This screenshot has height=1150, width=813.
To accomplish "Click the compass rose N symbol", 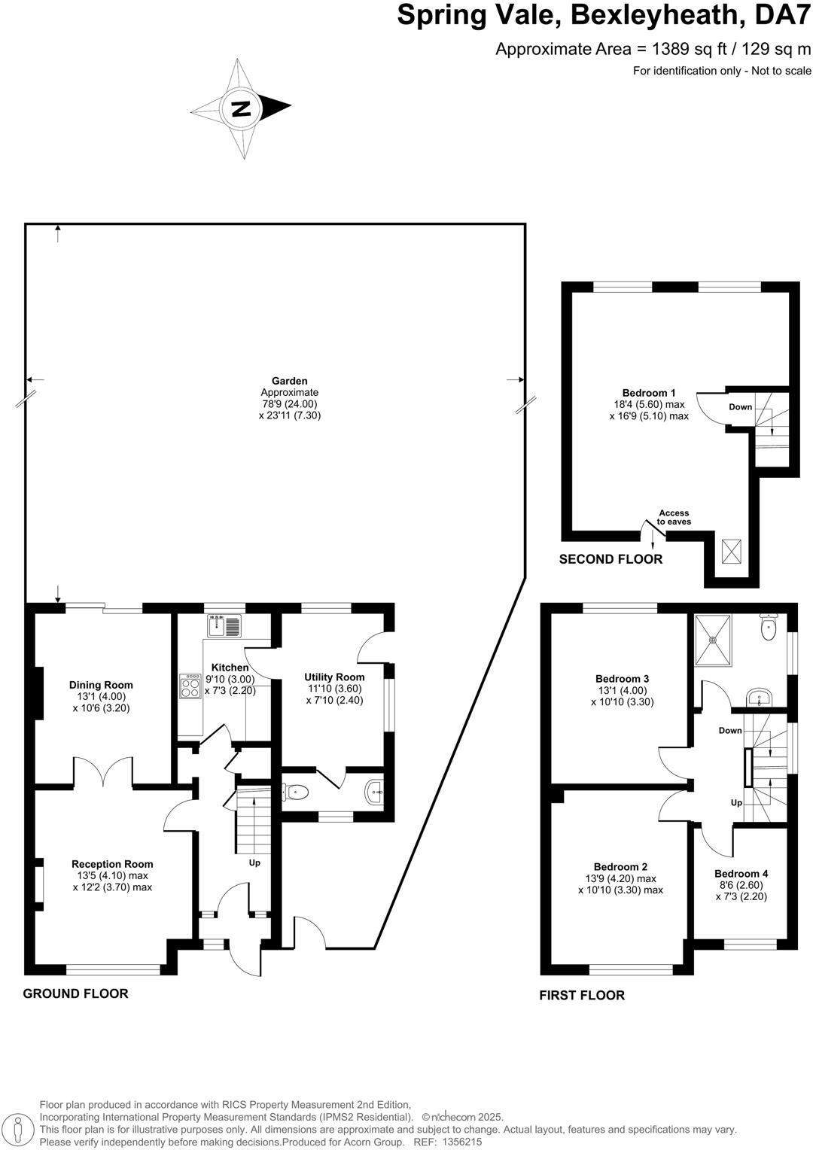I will point(241,108).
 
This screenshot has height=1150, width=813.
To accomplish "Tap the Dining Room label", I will point(101,685).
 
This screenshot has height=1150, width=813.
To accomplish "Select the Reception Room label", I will point(112,864).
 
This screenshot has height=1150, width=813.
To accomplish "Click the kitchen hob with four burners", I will point(190,688).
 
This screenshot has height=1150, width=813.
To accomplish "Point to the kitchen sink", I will point(224,625).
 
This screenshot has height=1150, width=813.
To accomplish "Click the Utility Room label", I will point(334,677).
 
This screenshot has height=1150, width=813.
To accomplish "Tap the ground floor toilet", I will point(296,791).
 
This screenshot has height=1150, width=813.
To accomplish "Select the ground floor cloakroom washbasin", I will point(375,791).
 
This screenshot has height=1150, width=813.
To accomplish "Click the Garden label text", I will point(290,381).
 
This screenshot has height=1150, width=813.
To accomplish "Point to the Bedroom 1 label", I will point(648,393).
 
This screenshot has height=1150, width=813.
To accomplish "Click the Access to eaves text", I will point(674,518).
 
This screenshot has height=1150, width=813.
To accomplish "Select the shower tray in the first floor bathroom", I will point(712,640).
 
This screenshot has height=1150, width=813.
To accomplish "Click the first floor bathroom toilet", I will point(769,628).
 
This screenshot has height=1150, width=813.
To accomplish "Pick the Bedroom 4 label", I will point(741,874).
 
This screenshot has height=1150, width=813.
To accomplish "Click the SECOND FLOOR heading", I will point(611,559).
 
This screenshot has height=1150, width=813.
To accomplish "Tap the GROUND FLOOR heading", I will point(75,993).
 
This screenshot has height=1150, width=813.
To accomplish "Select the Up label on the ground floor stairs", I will point(254,862).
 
